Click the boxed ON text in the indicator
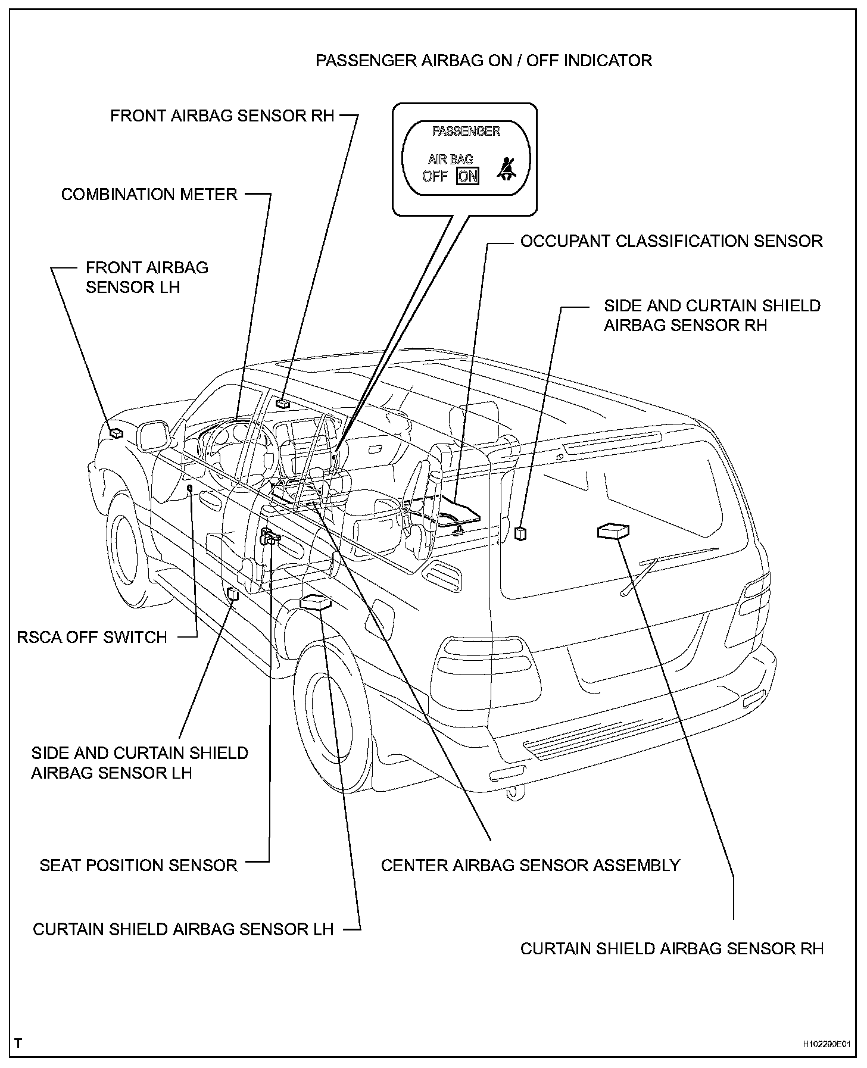[468, 176]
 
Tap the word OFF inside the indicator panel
[435, 176]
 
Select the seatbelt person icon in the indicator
[507, 169]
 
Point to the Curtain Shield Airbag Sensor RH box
[613, 530]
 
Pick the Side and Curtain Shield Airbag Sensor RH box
[520, 533]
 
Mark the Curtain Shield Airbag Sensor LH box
[315, 602]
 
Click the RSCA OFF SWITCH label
[92, 638]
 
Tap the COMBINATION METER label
[149, 195]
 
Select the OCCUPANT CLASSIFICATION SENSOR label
[671, 242]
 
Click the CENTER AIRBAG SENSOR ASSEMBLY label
[531, 865]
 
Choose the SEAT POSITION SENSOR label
[138, 865]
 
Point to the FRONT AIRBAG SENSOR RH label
[223, 115]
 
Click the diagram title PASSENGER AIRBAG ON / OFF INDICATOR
[484, 61]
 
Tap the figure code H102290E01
[826, 1044]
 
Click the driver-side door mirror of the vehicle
[154, 436]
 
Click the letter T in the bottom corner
[18, 1042]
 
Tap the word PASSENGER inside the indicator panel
[466, 131]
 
